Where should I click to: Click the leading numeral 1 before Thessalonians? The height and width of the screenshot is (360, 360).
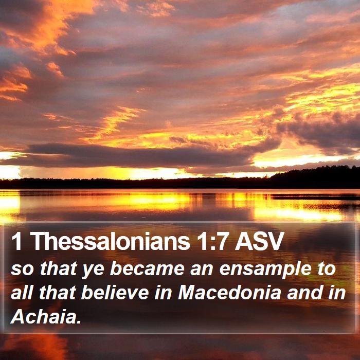(16, 241)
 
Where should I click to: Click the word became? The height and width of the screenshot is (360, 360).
(147, 268)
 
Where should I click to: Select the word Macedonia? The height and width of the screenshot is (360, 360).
(229, 293)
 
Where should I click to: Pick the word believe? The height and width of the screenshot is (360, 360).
(115, 293)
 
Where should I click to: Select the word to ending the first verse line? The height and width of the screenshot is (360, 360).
(327, 269)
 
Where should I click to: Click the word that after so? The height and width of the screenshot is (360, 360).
(58, 268)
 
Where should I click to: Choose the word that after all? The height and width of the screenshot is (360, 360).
(58, 293)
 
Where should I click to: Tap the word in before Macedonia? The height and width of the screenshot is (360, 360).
(163, 293)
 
